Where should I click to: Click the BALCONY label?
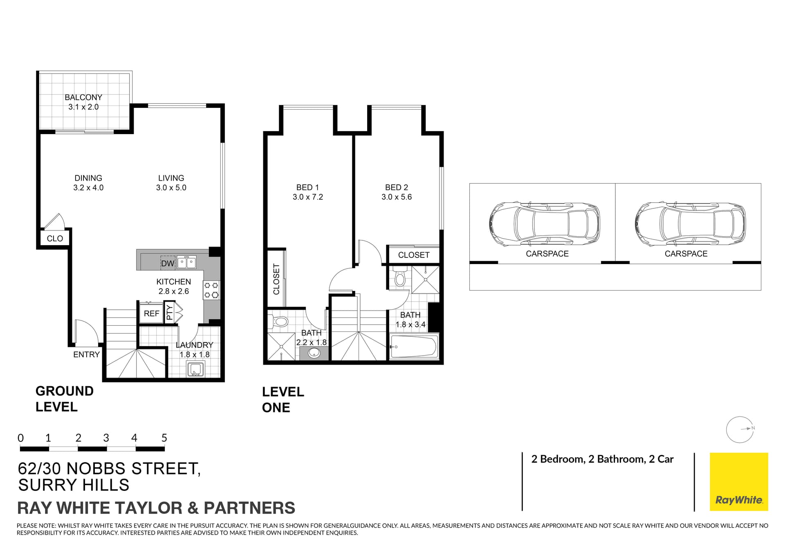click(x=83, y=97)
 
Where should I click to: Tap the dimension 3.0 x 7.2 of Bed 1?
click(x=307, y=197)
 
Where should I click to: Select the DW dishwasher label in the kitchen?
click(x=168, y=264)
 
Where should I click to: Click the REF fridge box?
click(x=151, y=313)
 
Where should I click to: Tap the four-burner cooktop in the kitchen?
click(x=211, y=290)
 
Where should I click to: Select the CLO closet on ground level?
click(x=55, y=239)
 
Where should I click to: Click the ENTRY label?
click(x=86, y=355)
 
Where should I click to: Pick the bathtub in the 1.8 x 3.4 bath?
click(x=413, y=347)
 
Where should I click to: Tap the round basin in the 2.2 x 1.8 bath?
click(x=314, y=352)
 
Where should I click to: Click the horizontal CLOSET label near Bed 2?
click(x=414, y=255)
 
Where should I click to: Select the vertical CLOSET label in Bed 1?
click(x=276, y=279)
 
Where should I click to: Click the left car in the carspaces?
click(x=545, y=224)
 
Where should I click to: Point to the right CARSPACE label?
click(x=686, y=254)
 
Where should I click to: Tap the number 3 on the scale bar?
click(x=106, y=438)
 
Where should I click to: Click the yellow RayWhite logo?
click(x=738, y=481)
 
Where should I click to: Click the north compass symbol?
click(x=740, y=430)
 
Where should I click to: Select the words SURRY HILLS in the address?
click(x=74, y=485)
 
